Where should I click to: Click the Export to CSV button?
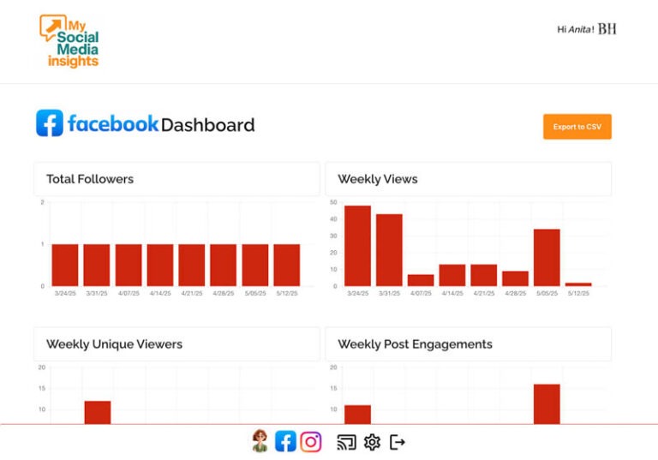[x=577, y=127]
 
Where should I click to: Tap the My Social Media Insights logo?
[x=69, y=41]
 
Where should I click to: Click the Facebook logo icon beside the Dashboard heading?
[x=50, y=123]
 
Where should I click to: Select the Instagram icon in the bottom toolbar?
[x=311, y=441]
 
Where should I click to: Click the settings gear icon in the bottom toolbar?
[x=372, y=442]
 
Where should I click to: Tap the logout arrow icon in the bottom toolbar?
[x=398, y=442]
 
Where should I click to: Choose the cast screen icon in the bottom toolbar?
[x=346, y=442]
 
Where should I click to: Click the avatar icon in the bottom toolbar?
[x=260, y=441]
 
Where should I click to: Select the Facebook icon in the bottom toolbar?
[x=285, y=441]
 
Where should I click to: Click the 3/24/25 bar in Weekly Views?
[x=357, y=246]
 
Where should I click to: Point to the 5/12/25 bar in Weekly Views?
[x=578, y=284]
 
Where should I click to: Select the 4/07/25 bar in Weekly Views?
[x=421, y=280]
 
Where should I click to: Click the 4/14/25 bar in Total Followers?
[x=160, y=265]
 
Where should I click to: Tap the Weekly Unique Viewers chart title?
[x=114, y=344]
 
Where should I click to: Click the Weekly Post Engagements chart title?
[x=415, y=344]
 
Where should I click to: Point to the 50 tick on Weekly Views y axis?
[x=333, y=202]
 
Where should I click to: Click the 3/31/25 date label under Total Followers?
[x=97, y=293]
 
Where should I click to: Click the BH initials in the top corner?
[x=607, y=29]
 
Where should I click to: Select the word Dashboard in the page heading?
[x=207, y=125]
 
